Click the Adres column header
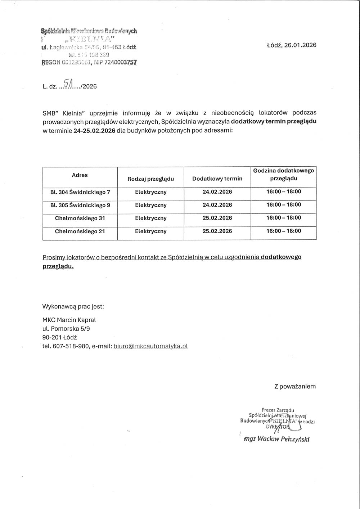pos(80,175)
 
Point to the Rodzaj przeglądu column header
pos(150,179)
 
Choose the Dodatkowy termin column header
pos(217,179)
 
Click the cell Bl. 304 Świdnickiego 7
pos(80,192)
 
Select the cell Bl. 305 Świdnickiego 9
pos(80,205)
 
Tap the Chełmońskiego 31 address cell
pos(80,218)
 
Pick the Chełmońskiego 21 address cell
pos(80,231)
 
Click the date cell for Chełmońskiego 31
pos(217,218)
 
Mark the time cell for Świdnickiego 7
pos(283,192)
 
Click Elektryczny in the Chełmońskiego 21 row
pos(150,231)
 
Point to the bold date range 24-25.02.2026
pos(94,131)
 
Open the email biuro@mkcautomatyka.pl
pos(150,346)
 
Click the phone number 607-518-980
pos(71,346)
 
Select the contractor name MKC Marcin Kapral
pos(69,320)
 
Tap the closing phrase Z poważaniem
pos(295,386)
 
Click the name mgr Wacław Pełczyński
pos(276,439)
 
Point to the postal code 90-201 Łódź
pos(60,337)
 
